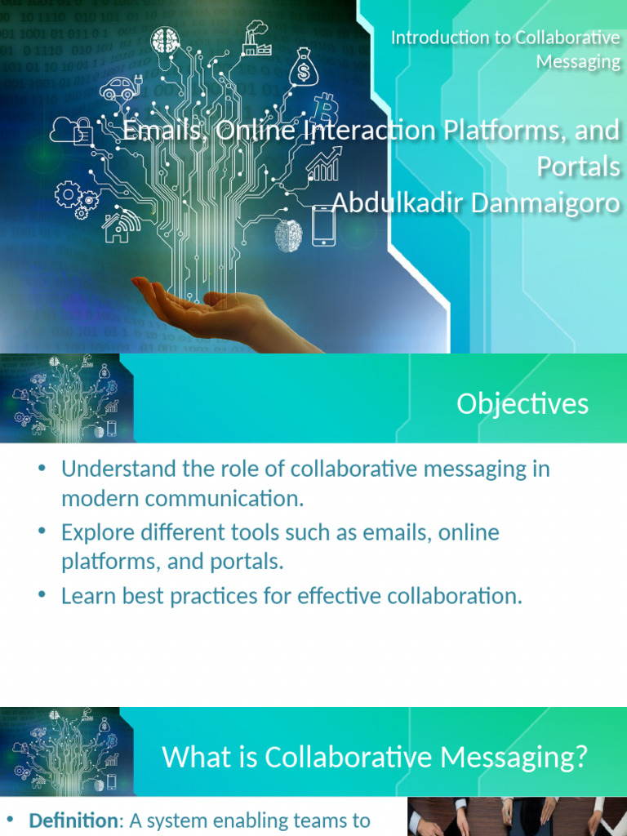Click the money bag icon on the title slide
(304, 67)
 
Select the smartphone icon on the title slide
(323, 225)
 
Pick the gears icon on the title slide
(75, 198)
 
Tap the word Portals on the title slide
(578, 167)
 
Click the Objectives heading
(522, 404)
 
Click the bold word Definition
(73, 820)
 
